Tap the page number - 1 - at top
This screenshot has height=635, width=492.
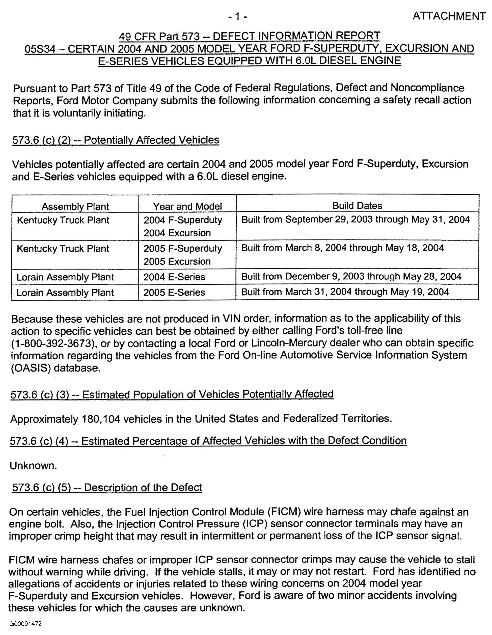(x=237, y=17)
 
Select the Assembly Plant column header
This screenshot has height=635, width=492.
(x=75, y=206)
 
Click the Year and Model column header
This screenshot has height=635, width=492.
(x=187, y=206)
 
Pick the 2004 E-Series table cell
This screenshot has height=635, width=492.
(x=174, y=277)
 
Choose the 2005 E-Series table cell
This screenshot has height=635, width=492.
(x=174, y=292)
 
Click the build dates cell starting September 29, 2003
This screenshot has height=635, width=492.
(x=355, y=220)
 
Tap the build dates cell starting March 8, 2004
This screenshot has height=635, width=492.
(x=342, y=248)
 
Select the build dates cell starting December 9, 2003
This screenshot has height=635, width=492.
(x=351, y=276)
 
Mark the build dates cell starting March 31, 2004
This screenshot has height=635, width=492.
(x=345, y=292)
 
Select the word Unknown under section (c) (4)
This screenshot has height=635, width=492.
(x=33, y=466)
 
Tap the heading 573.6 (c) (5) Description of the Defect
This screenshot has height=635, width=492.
(x=107, y=488)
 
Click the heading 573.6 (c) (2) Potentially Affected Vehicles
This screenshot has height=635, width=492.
(x=115, y=140)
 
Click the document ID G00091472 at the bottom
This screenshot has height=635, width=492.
(x=25, y=623)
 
